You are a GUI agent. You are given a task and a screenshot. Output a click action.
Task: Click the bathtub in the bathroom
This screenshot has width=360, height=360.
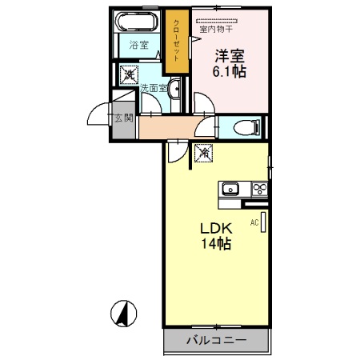pos(137,22)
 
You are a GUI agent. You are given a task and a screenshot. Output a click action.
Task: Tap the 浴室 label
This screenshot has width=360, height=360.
pos(139,45)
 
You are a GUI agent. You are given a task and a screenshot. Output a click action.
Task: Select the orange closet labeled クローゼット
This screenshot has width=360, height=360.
pos(177,41)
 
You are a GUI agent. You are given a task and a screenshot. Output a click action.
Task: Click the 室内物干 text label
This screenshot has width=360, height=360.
pos(216,29)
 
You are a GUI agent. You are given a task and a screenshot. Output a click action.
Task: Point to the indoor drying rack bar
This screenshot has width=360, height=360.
pos(217,21)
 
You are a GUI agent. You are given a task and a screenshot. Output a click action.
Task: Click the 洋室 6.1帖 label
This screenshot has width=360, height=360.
pos(230,63)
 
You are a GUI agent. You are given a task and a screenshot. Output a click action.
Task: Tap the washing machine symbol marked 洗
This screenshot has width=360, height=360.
pos(129,74)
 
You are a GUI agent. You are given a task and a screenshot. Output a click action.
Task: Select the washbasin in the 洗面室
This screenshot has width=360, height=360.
pos(174,89)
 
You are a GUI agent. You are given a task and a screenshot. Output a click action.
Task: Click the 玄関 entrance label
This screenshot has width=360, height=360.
pos(124,118)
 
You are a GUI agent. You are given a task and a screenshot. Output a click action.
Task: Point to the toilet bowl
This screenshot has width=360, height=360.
pos(246,127)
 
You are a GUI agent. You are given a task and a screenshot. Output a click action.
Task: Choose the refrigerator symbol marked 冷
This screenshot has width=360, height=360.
pos(204,153)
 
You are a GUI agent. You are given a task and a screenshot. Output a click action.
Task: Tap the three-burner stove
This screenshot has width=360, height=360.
pos(260,190)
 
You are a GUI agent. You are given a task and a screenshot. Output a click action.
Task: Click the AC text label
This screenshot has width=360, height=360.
pos(254,222)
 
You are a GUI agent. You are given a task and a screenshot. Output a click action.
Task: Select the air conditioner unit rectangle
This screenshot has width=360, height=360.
pos(263,222)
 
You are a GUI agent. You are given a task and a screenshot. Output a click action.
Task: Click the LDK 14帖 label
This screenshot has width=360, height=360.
pos(216,236)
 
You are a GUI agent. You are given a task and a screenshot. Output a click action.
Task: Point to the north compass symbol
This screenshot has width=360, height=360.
pos(123,314)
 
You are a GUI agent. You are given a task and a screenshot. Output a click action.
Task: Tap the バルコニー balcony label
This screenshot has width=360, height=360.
pos(216,340)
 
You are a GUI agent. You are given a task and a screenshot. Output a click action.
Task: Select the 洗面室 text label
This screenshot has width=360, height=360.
pos(154,88)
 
